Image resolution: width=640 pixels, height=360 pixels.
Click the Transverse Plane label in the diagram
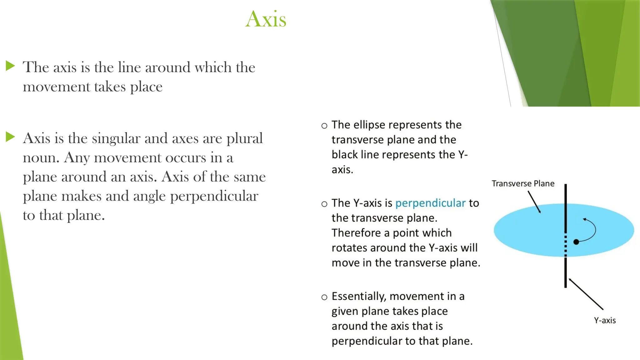(523, 183)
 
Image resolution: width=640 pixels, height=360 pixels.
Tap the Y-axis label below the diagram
(605, 320)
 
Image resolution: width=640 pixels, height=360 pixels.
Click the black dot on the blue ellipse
(576, 242)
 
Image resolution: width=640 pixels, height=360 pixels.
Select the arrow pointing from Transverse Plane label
(534, 202)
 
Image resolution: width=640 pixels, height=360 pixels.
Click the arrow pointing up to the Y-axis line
(586, 294)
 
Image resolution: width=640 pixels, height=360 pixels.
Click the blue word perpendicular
(430, 203)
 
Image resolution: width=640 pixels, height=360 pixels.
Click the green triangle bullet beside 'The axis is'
(10, 66)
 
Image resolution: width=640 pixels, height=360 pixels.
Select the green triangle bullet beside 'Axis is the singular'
(10, 137)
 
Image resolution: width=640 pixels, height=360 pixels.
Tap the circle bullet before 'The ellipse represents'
(324, 126)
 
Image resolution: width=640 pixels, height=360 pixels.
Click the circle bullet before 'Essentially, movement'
(324, 297)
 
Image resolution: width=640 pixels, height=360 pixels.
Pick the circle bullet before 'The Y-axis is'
(324, 204)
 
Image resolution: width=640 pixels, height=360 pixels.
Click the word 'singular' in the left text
(116, 138)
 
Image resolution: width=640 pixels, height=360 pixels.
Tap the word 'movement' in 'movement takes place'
(56, 87)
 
